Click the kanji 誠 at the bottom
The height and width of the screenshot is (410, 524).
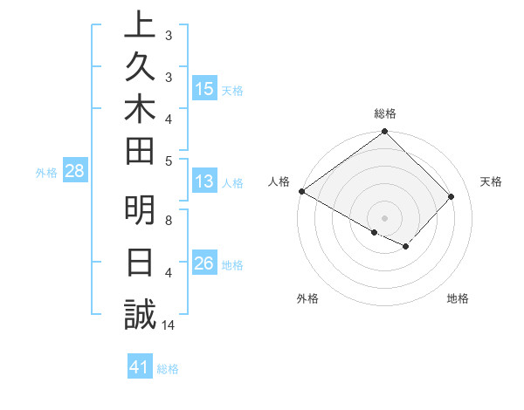[x=139, y=315]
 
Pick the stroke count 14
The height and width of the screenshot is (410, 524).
[x=169, y=325]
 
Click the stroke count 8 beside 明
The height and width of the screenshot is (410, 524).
[x=168, y=221]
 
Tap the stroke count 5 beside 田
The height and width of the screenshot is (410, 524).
[x=168, y=161]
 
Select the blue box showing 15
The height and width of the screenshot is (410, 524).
[x=204, y=89]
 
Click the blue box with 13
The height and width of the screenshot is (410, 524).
[x=204, y=182]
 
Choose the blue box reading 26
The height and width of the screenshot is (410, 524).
[x=204, y=263]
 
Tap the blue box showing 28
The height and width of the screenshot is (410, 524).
[x=75, y=172]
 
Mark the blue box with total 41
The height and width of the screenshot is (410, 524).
[x=140, y=368]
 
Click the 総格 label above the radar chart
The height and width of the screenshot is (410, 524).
[x=384, y=113]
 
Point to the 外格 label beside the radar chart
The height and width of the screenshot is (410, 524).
[x=307, y=298]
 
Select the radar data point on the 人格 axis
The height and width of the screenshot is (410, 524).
[x=301, y=191]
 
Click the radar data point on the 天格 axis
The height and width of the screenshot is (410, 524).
[x=452, y=197]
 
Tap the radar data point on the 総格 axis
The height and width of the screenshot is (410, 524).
[x=384, y=133]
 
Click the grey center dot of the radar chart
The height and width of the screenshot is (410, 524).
[x=384, y=217]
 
